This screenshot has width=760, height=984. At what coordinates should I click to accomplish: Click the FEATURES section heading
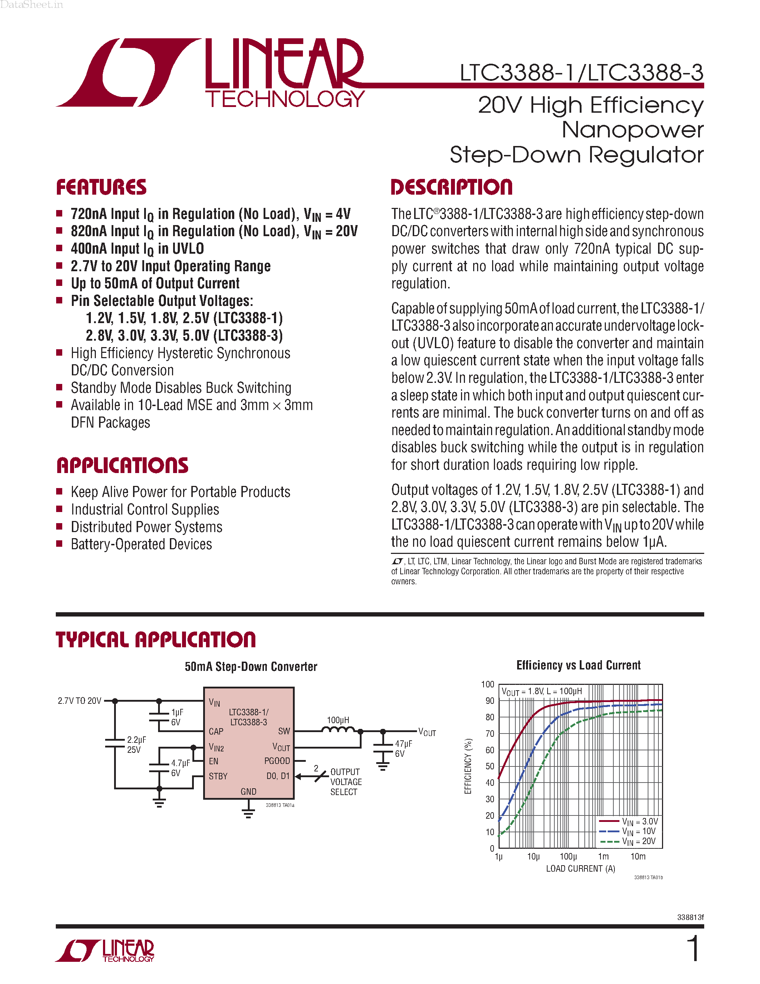coord(101,187)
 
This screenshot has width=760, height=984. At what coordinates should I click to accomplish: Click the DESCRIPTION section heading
coord(452,187)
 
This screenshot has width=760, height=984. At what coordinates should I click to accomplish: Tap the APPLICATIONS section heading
coord(122,466)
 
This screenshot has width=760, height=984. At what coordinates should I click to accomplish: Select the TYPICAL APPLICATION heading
coord(156,639)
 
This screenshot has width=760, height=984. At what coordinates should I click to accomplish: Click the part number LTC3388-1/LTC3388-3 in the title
coord(581,73)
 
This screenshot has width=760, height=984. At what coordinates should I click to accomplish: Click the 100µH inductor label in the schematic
coord(338,720)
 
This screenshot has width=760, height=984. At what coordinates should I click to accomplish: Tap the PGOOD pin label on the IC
coord(277,761)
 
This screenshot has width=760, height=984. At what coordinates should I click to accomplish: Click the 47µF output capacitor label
coord(403,744)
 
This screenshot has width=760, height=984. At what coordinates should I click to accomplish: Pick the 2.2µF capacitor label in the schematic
coord(136,740)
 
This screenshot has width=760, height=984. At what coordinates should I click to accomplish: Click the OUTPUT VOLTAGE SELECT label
coord(345,782)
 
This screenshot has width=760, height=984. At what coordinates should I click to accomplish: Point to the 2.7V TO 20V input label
coord(80,701)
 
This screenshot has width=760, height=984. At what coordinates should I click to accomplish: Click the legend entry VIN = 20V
coord(638,841)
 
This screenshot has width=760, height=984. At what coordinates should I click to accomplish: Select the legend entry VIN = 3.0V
coord(639,821)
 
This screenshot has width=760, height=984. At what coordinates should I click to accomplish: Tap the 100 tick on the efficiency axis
coord(487,685)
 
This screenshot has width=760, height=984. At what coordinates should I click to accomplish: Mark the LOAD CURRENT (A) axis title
coord(580,869)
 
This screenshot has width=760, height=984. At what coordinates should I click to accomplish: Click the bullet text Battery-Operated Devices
coord(141,544)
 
